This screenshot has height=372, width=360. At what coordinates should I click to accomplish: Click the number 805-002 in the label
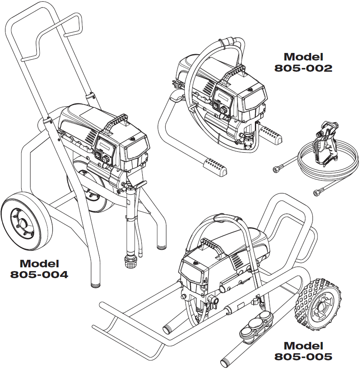pyautogui.click(x=303, y=68)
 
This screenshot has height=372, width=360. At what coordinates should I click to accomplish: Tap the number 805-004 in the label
pyautogui.click(x=39, y=275)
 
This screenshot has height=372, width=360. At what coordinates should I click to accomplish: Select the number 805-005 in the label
pyautogui.click(x=303, y=357)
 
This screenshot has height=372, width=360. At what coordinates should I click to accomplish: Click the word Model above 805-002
pyautogui.click(x=303, y=57)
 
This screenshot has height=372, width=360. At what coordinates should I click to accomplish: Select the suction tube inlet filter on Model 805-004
pyautogui.click(x=130, y=262)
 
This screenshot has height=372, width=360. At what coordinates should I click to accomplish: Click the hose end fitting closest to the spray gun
pyautogui.click(x=276, y=169)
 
